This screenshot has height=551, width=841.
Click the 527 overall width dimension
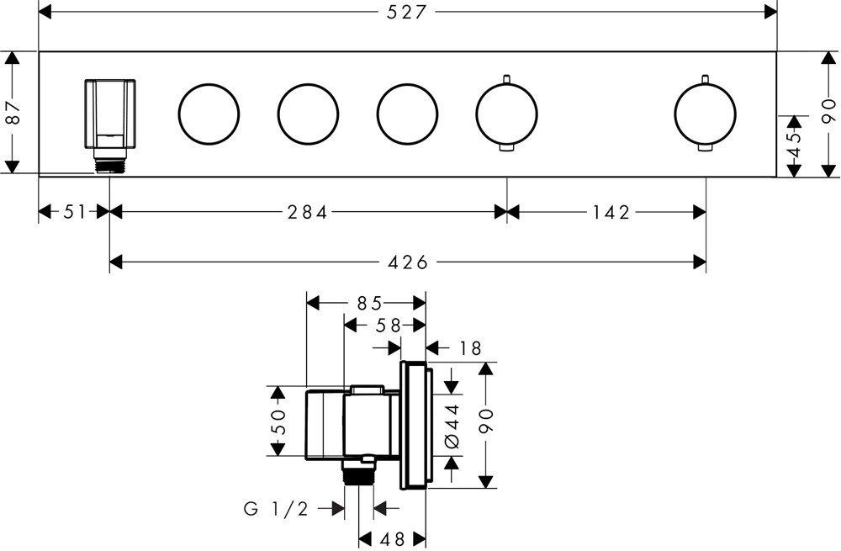408,12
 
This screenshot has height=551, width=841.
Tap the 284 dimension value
306,212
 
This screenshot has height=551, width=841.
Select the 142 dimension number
611,212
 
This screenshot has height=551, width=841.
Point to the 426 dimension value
408,262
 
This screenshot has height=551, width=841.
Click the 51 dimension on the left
75,212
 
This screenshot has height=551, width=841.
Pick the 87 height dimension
12,111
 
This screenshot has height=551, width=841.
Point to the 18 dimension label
471,347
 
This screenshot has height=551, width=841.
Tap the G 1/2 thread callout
277,508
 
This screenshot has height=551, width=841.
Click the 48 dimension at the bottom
394,538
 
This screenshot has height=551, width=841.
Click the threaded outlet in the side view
359,474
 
